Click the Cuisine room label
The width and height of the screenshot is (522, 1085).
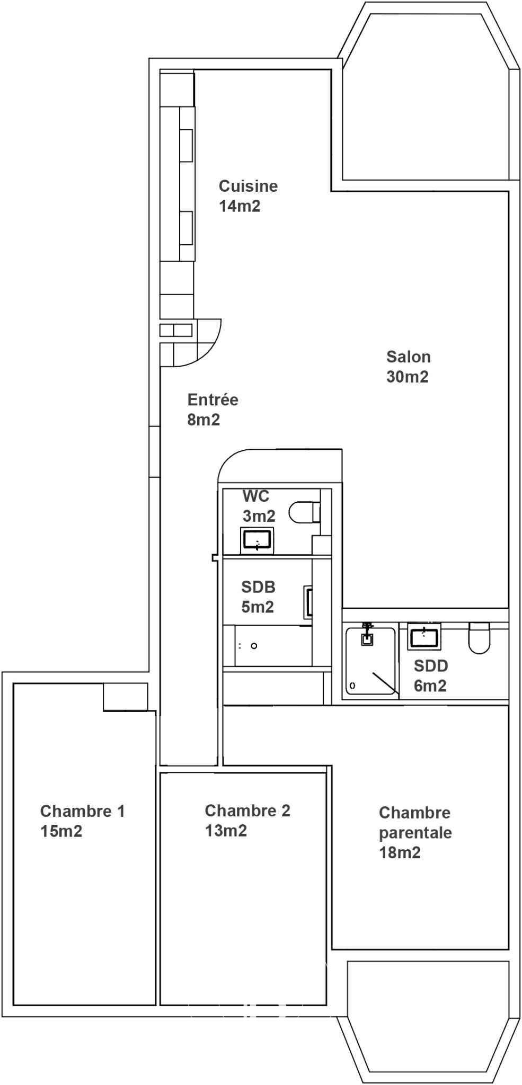tap(248, 186)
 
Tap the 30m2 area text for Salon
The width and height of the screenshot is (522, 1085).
tap(408, 377)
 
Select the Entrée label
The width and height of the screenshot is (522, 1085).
tap(213, 399)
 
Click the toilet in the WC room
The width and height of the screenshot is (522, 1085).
tap(305, 512)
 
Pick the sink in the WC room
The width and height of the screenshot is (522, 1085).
tap(257, 540)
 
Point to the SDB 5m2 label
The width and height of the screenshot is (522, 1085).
tap(258, 597)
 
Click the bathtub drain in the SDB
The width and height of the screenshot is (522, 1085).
tap(254, 646)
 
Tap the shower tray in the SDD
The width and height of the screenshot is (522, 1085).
tap(371, 661)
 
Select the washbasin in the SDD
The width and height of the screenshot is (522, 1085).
tap(424, 636)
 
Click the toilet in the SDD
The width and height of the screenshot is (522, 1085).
tap(480, 638)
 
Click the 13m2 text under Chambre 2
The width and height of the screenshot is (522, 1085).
tap(226, 830)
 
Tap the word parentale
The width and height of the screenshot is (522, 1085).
tap(415, 833)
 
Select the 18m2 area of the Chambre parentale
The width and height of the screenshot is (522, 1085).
tap(400, 852)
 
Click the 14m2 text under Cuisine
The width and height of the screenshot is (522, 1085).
tap(240, 206)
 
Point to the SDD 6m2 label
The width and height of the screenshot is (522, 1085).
tap(431, 675)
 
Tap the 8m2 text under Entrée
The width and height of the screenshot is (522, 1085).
tap(204, 420)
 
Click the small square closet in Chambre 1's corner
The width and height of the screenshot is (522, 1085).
tap(125, 697)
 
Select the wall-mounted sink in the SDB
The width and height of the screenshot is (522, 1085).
tap(308, 602)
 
